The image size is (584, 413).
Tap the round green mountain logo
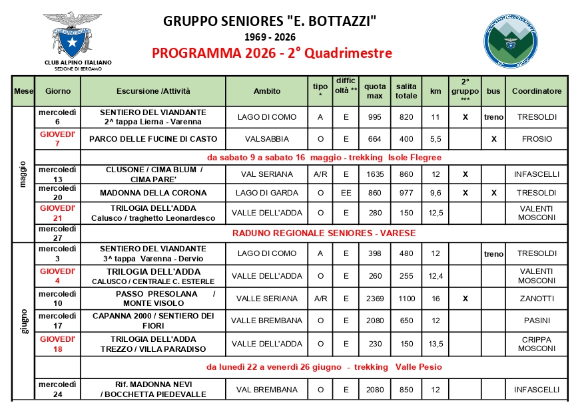coord(509,41)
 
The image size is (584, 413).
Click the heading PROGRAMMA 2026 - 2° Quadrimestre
coord(272,53)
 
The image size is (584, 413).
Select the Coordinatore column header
coord(536,91)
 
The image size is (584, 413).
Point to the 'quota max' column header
coord(375,91)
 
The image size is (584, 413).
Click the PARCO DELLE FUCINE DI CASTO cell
coord(153,139)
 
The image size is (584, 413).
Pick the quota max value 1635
coord(375,174)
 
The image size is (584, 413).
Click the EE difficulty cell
coord(346,193)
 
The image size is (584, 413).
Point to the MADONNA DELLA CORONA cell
coord(153,193)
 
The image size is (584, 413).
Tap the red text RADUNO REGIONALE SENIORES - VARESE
coord(324,233)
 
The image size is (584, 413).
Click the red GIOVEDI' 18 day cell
coord(57,344)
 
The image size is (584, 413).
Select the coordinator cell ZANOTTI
coord(536,299)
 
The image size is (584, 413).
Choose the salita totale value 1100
coord(406,299)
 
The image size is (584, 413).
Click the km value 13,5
coord(436,344)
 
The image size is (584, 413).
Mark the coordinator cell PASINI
coord(536,321)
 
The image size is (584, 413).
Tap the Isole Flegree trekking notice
coord(324,158)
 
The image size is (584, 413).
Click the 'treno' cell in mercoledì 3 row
coord(493,253)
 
